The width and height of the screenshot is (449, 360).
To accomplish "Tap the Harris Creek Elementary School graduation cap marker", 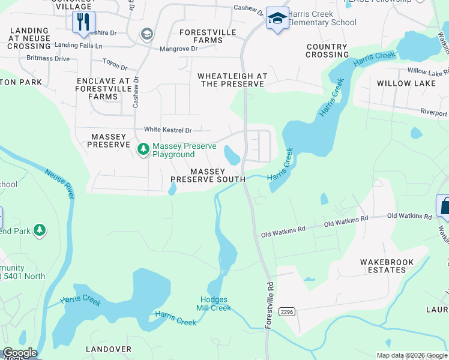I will [277, 19].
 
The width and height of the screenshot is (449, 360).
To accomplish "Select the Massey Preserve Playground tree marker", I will [143, 148].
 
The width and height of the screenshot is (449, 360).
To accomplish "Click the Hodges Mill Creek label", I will [214, 304].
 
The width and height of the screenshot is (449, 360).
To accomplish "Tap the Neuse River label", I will [59, 184].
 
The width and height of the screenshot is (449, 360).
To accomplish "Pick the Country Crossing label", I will [327, 50].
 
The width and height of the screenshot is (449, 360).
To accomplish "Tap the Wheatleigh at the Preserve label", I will [232, 80].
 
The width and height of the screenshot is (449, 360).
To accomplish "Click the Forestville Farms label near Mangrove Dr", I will [207, 36].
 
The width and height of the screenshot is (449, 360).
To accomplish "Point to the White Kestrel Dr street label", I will [167, 130].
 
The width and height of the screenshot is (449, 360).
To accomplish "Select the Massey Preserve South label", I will [208, 175].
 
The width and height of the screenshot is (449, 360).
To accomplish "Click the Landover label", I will [108, 349].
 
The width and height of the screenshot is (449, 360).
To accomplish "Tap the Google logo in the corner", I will [19, 353].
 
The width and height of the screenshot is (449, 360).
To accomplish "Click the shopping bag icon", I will [445, 206].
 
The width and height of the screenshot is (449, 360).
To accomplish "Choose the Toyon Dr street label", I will [115, 68].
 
